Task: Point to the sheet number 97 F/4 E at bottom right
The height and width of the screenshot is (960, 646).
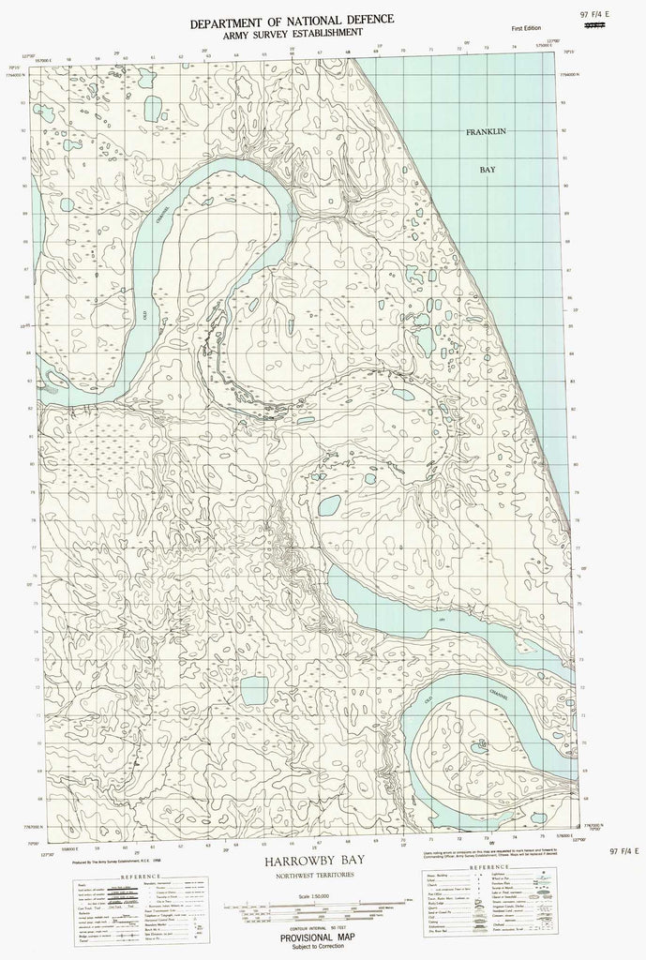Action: pos(623,850)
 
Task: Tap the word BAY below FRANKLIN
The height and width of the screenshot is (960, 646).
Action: pos(488,172)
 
